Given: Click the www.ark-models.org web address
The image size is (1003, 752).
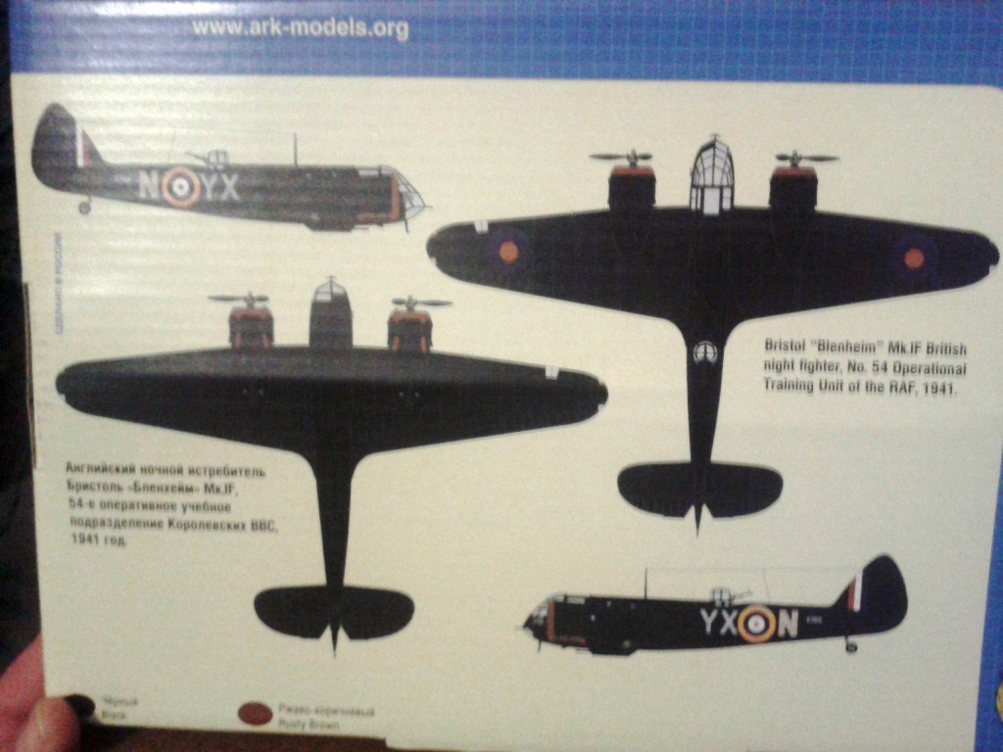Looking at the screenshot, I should pos(300,28).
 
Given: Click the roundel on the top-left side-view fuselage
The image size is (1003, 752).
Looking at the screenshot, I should pos(181,187).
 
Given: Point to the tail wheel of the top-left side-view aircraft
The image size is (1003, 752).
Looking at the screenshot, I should pos(84,207).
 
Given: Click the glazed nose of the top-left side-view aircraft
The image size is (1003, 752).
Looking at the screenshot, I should pos(410,196).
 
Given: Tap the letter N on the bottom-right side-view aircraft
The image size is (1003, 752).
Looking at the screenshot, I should pos(787,624).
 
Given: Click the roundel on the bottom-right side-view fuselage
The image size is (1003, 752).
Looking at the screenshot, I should pos(756,624).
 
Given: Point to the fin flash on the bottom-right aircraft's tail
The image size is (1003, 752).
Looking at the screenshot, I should pos(854,591).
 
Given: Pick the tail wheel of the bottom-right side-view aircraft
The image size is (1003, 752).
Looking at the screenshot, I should pos(851,645).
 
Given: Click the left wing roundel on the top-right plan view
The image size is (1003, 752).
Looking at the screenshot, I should pos(508,252).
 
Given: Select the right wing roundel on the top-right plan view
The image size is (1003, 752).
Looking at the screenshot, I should pos(913,258).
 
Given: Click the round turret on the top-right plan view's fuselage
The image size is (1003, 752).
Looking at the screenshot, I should pos(705,352).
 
